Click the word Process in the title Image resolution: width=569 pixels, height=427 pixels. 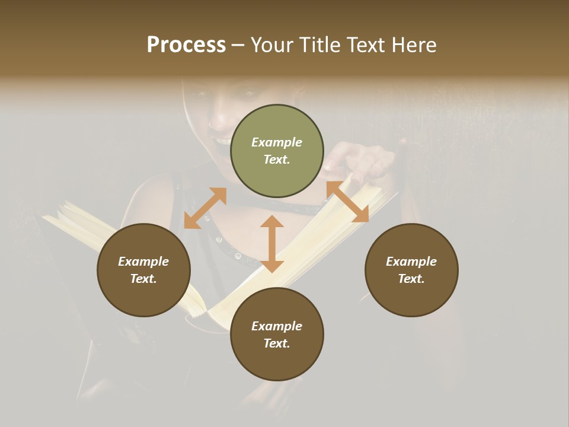click(x=186, y=45)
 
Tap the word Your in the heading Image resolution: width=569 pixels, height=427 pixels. click(x=274, y=45)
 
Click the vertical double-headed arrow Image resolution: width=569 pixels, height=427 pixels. click(x=272, y=244)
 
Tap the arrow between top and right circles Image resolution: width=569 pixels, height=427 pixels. click(x=347, y=202)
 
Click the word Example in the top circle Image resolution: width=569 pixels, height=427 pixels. click(x=277, y=142)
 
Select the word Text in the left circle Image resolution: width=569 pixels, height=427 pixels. click(x=143, y=279)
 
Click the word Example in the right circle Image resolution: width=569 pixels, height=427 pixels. click(x=411, y=262)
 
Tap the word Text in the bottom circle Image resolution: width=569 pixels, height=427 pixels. click(x=277, y=343)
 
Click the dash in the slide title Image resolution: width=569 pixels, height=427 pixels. click(x=238, y=45)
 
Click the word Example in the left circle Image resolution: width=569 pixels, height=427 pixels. click(x=143, y=262)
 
